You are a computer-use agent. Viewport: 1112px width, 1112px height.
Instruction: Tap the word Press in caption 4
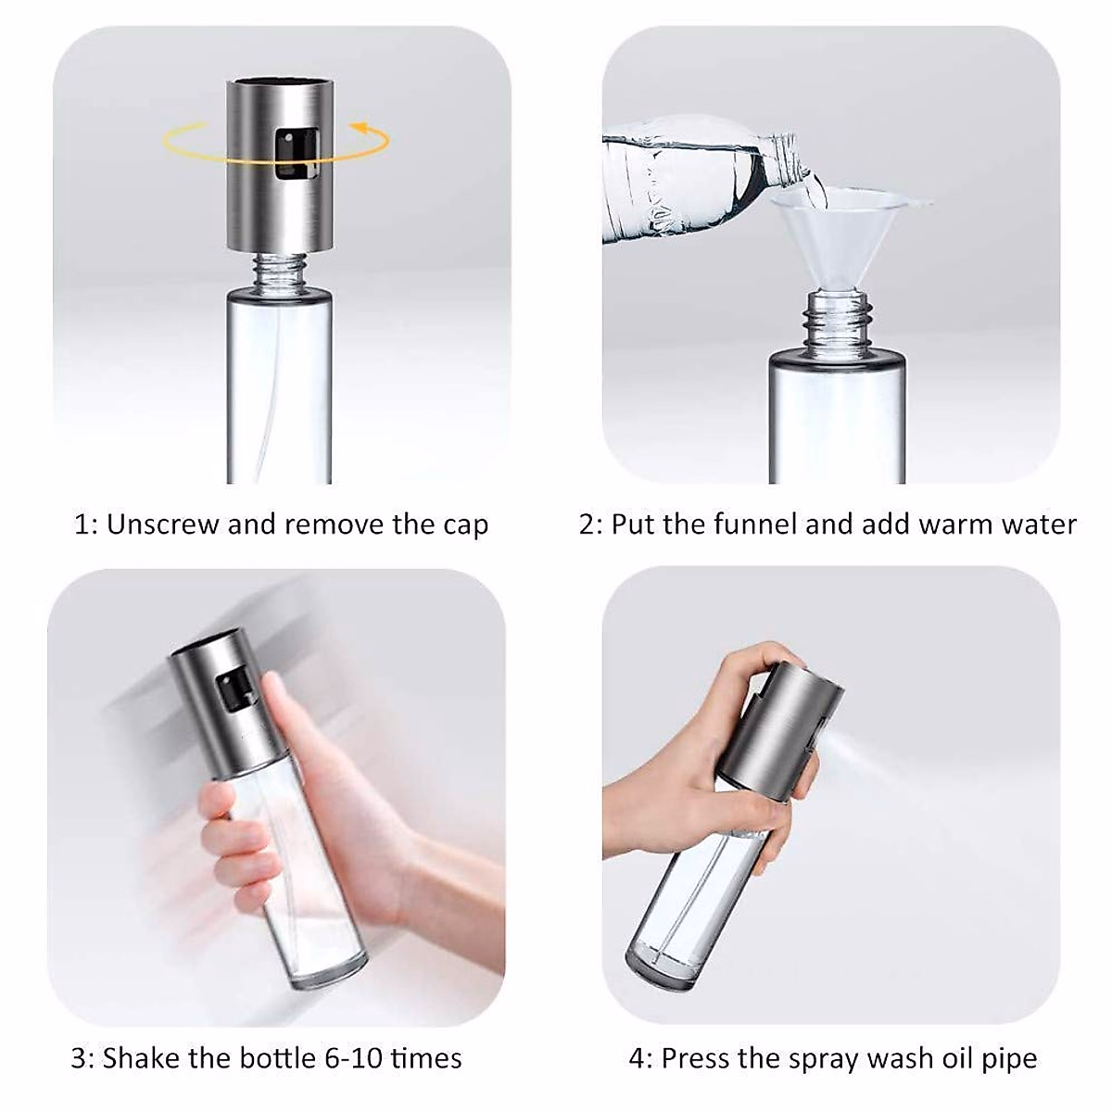coord(696,1057)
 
